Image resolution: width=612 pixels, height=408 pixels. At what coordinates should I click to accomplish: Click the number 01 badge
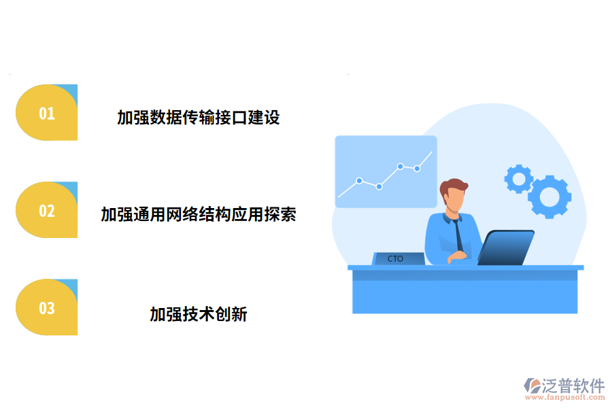pos(46,113)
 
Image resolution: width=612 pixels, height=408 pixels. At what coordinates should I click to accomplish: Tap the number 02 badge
pos(46,210)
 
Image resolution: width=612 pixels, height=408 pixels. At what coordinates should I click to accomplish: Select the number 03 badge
pos(46,307)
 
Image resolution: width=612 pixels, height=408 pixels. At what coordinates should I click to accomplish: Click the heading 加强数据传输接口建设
pos(198,118)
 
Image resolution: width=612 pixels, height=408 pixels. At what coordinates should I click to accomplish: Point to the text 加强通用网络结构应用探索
pos(198,215)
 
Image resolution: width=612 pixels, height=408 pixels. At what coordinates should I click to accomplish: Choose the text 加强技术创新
pos(198,314)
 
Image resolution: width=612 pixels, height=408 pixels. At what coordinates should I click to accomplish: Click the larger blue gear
pos(549,197)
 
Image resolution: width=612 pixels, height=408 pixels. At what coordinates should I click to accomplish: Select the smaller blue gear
pos(519,179)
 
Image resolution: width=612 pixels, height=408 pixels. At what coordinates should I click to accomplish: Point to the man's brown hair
pos(454,186)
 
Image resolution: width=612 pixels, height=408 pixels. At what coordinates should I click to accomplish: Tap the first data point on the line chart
pos(359,181)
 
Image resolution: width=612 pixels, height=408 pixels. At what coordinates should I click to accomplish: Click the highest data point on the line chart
pos(401,166)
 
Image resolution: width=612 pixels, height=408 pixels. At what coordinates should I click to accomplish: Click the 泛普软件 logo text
pos(573,386)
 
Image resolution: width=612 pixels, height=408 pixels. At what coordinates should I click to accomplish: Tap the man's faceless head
pos(454,198)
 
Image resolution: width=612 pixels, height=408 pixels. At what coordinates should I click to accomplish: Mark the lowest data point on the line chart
pos(379,186)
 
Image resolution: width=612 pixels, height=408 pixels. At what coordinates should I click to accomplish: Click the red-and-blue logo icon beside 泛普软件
pos(532,386)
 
